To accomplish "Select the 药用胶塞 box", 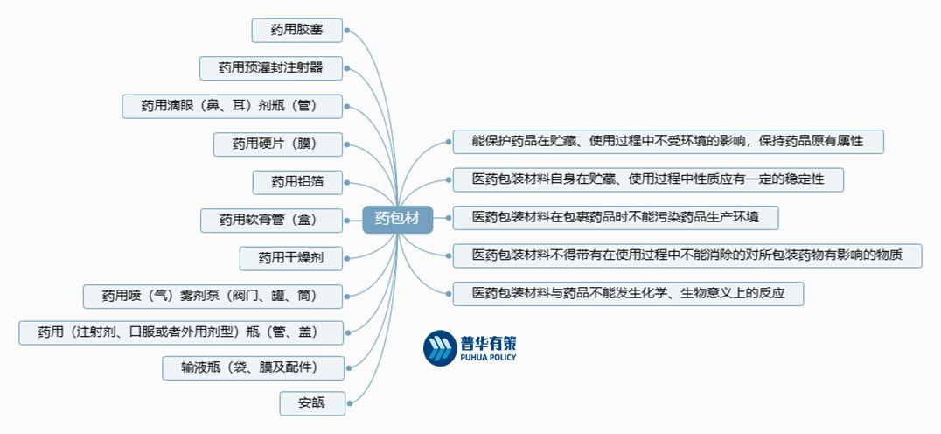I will (x=296, y=31).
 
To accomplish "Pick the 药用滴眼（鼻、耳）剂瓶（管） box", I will (x=232, y=106).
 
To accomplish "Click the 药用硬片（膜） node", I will (x=277, y=143).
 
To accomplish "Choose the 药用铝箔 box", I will (x=296, y=182).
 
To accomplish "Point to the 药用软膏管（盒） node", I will (x=270, y=220).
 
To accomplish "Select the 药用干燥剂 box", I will (x=290, y=257).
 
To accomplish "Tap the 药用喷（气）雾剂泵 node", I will (x=212, y=296).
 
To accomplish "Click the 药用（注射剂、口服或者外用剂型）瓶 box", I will (x=180, y=332).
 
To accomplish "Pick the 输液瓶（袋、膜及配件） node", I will (x=252, y=367).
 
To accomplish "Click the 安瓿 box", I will (x=310, y=403).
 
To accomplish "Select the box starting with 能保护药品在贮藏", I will (x=667, y=142).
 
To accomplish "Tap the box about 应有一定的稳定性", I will (x=647, y=179).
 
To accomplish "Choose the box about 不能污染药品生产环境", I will (x=615, y=217).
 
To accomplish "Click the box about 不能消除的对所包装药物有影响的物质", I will (x=687, y=255).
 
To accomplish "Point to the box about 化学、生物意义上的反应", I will (x=627, y=293).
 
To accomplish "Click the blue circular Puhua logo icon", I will (x=439, y=347).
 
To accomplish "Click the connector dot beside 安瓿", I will (x=348, y=403).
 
